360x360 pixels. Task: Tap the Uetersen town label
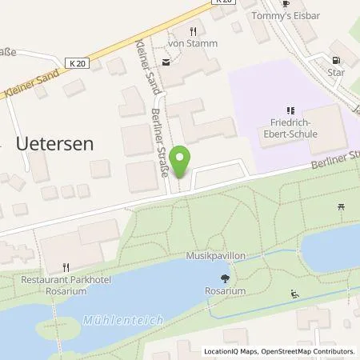point(54,144)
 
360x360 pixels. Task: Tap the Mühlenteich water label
point(124,320)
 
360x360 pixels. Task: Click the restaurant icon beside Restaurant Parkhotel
point(66,268)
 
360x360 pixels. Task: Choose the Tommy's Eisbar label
point(286,15)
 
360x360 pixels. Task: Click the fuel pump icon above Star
point(334,60)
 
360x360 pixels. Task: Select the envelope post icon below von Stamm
point(166,62)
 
